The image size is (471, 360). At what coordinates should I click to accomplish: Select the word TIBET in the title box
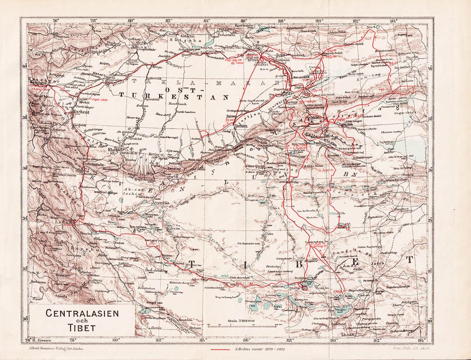(x=82, y=327)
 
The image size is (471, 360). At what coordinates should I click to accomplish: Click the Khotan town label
(x=114, y=150)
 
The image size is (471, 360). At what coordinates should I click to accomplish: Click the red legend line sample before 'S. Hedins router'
(x=220, y=349)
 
